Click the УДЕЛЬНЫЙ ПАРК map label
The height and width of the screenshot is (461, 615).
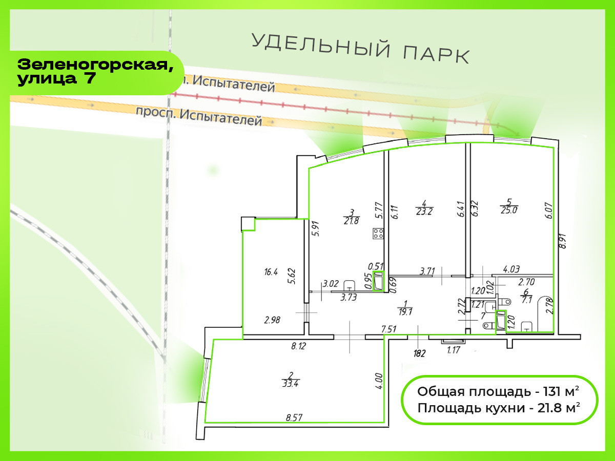point(360,48)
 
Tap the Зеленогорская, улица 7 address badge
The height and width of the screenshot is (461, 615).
point(92,72)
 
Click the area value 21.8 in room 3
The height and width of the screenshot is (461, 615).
point(352,221)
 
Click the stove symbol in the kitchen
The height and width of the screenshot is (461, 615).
point(379,234)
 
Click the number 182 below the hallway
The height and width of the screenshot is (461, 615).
point(420,353)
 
